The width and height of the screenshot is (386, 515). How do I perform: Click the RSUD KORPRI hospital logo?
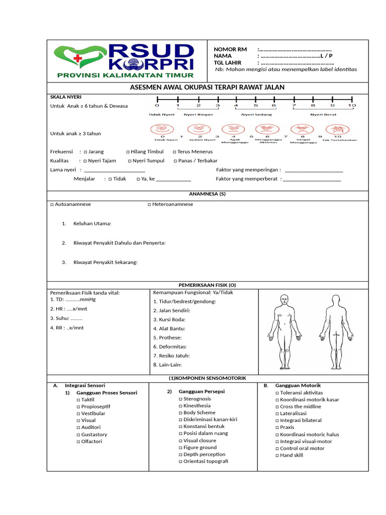(125, 61)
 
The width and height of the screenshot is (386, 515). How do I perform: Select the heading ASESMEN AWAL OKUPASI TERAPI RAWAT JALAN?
(207, 88)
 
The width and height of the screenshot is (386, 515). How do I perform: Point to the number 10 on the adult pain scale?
(353, 106)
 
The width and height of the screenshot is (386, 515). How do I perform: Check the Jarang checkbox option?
(86, 151)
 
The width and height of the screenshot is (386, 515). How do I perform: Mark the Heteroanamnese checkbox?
(149, 205)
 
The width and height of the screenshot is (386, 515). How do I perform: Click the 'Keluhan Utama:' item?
(92, 224)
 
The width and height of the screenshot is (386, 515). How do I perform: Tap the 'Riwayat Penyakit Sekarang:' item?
(105, 262)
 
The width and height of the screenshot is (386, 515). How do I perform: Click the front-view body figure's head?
(284, 299)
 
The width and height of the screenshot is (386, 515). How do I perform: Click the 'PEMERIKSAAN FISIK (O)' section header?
(207, 285)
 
